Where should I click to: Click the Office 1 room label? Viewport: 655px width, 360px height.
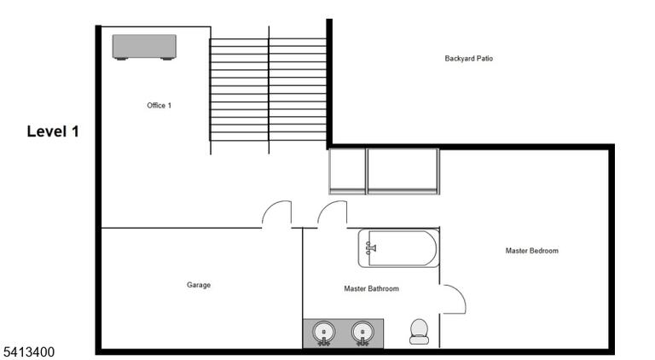pos(159,105)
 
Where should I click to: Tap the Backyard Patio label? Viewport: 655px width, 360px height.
pos(469,59)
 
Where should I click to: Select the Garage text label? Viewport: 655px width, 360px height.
pos(199,285)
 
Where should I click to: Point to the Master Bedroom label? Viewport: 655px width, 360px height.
pos(532,251)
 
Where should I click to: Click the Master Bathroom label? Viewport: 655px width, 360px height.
pos(371,288)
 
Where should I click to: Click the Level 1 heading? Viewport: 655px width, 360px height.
pos(53,131)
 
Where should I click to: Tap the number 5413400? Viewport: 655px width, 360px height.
pos(29,352)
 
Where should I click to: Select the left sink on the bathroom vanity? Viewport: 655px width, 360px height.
pos(324,333)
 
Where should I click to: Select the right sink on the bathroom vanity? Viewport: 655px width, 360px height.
pos(362,333)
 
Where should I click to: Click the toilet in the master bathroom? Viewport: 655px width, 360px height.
pos(419,332)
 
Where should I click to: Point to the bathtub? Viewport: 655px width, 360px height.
pos(398,248)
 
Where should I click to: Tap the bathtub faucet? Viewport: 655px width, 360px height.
pos(370,248)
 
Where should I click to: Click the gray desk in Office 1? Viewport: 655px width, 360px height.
pos(144,47)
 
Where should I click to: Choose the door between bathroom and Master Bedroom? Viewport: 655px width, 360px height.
pos(461,293)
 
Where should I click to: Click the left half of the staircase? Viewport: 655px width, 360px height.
pos(239,90)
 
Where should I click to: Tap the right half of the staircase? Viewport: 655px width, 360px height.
pos(298,90)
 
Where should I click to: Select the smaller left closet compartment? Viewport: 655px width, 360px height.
pos(348,171)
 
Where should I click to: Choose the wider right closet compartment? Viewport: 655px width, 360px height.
pos(403,171)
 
